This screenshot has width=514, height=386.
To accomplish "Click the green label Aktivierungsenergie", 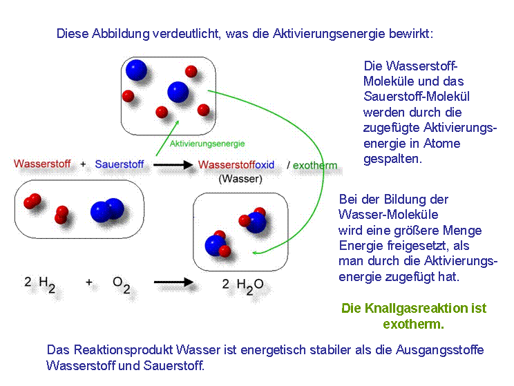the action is (x=207, y=144).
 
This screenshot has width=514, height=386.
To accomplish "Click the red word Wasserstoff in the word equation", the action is (x=42, y=164).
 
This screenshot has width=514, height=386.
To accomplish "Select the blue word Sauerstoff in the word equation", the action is (x=120, y=164).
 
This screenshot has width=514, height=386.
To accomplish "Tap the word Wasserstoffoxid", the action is (x=236, y=164).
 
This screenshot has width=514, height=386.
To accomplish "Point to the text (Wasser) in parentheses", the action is (x=240, y=179).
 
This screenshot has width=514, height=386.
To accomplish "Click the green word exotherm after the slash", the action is (x=315, y=165).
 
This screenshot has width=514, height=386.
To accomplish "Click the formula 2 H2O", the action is (x=242, y=286).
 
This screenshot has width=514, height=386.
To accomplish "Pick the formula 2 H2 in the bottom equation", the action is (x=39, y=284).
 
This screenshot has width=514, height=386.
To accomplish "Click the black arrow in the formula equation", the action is (x=173, y=282).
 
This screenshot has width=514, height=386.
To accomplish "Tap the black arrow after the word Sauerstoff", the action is (x=173, y=164).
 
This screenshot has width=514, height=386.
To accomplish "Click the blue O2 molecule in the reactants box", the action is (x=108, y=210).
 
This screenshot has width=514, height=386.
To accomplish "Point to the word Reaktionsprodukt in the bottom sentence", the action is (x=123, y=349).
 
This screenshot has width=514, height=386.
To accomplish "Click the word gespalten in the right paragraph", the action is (x=392, y=159).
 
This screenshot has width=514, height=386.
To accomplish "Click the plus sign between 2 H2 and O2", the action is (x=89, y=282).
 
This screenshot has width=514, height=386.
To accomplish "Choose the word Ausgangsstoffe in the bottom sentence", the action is (x=439, y=350).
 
